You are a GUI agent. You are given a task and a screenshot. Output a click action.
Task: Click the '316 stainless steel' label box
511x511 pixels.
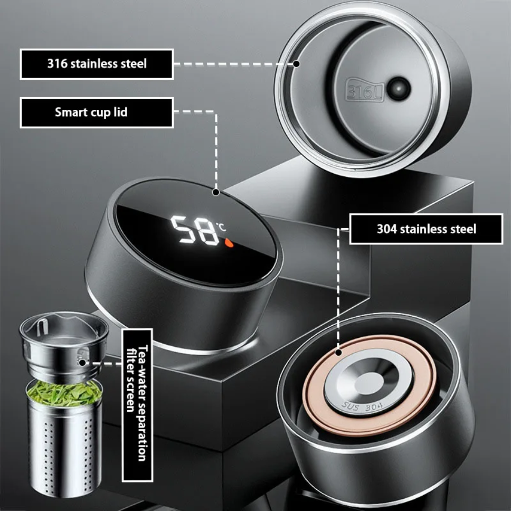[97, 64]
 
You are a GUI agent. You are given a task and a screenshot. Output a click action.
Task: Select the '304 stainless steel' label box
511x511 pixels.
[426, 229]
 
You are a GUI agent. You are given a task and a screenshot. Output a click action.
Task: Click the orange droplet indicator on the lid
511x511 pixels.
[229, 242]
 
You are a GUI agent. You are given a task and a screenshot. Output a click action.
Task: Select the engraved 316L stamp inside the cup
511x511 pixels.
[364, 89]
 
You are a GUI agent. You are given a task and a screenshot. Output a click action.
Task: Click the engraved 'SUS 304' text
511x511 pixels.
[362, 407]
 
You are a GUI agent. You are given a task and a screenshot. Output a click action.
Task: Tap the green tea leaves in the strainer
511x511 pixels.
[64, 394]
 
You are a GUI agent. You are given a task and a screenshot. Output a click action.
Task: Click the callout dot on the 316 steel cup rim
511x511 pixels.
[296, 63]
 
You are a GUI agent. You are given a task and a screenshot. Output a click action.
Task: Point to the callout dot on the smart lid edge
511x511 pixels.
[215, 192]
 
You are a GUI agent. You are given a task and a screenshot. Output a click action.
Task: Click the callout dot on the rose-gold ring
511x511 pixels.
[338, 352]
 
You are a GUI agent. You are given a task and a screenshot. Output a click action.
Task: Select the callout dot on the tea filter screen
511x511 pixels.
[82, 363]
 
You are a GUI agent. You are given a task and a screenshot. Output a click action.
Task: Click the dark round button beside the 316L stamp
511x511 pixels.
[398, 88]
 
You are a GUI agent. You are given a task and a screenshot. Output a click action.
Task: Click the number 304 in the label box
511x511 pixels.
[387, 229]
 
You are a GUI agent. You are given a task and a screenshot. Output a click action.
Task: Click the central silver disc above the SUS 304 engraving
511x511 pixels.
[369, 382]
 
